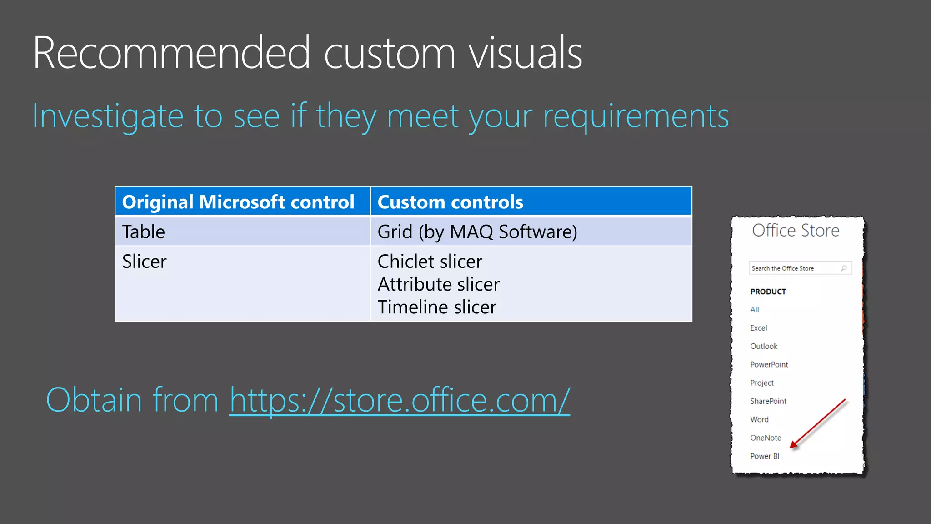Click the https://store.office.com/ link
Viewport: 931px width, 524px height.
pyautogui.click(x=399, y=400)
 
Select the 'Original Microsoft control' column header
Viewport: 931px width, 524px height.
pyautogui.click(x=238, y=202)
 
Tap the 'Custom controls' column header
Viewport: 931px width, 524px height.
pyautogui.click(x=450, y=202)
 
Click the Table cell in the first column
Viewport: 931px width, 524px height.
pyautogui.click(x=144, y=232)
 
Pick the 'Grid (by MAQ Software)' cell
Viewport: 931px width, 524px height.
pyautogui.click(x=477, y=232)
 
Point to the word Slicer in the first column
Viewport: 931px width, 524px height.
pyautogui.click(x=145, y=262)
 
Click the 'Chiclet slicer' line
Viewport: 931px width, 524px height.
pyautogui.click(x=430, y=262)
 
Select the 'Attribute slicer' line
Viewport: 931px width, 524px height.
pyautogui.click(x=438, y=284)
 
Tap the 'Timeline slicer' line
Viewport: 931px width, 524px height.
pyautogui.click(x=436, y=307)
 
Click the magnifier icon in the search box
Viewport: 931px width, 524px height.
pyautogui.click(x=844, y=268)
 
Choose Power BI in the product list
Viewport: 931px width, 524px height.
pyautogui.click(x=765, y=456)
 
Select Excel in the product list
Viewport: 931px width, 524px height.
pyautogui.click(x=758, y=328)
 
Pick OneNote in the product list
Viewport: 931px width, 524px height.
pyautogui.click(x=766, y=438)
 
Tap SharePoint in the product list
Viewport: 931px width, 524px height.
pyautogui.click(x=768, y=401)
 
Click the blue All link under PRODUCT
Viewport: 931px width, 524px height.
pyautogui.click(x=755, y=310)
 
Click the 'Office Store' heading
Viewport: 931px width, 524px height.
pyautogui.click(x=796, y=231)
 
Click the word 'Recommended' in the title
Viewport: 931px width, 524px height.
pyautogui.click(x=172, y=53)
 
